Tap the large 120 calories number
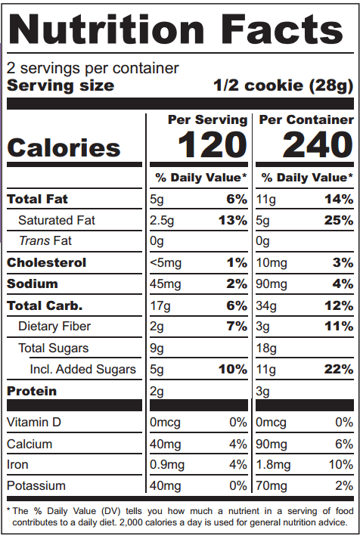tap(213, 145)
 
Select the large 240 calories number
tap(318, 145)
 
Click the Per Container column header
tap(306, 119)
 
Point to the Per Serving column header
tap(207, 119)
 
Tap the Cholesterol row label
tap(47, 262)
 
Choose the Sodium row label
tap(33, 283)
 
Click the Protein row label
tap(33, 391)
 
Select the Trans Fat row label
tap(45, 241)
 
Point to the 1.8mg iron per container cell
tap(274, 465)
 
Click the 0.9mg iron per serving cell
tap(167, 465)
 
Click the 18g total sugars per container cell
tap(267, 349)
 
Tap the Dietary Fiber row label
tap(54, 327)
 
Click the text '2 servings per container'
tap(93, 68)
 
